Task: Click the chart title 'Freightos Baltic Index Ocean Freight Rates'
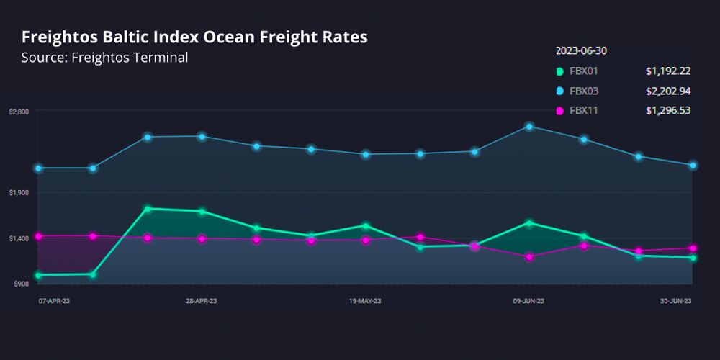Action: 194,37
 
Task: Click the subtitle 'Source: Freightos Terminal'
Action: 105,58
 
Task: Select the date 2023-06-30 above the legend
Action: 582,51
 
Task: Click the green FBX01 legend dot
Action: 559,71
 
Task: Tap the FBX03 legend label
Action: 584,91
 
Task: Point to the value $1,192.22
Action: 668,71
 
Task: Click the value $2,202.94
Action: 668,91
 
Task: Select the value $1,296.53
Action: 668,110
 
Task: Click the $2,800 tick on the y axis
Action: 19,112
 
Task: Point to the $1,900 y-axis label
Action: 19,193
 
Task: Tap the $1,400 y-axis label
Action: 19,238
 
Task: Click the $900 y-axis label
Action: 21,284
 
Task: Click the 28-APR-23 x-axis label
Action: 202,301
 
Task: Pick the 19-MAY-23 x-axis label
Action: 365,301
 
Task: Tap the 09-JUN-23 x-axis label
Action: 528,301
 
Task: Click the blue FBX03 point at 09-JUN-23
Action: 529,127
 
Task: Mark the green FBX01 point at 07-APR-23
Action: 38,275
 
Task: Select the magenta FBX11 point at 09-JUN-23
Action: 529,256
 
